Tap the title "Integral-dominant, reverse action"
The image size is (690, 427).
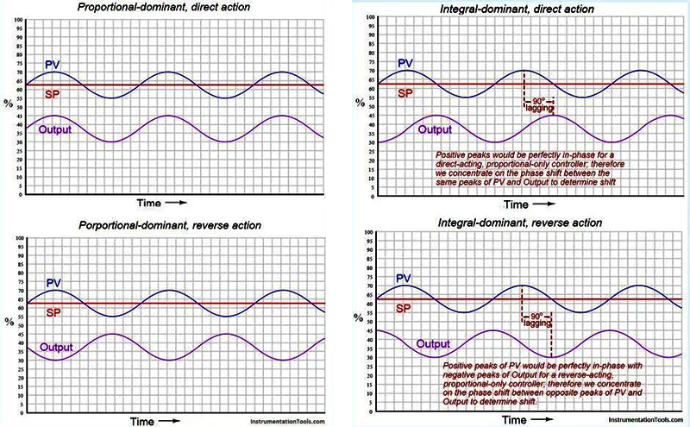[x=509, y=224]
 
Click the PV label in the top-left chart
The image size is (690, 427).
[x=53, y=65]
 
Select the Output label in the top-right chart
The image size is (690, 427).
[x=440, y=130]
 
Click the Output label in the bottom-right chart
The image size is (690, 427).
[x=433, y=343]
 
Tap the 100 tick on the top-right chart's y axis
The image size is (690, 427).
[x=370, y=17]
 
